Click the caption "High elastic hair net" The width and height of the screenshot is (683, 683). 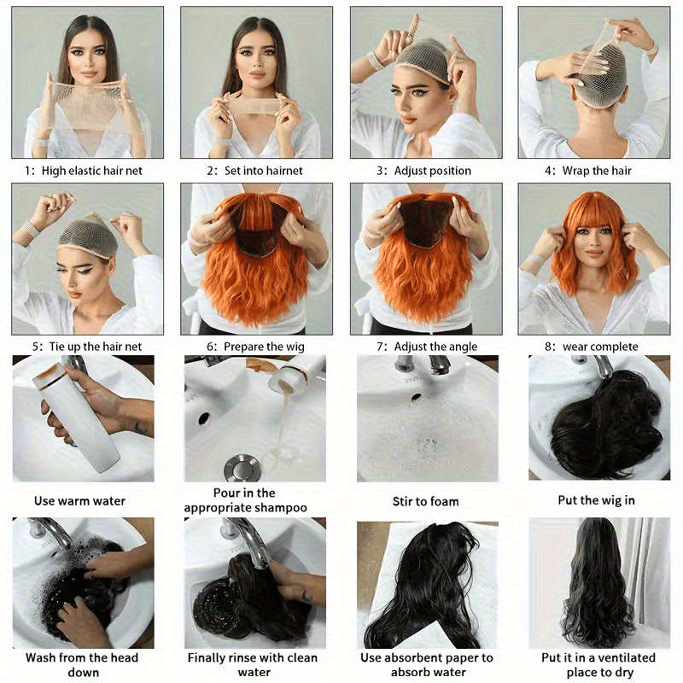pos(91,171)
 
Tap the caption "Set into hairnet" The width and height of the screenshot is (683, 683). pos(261,171)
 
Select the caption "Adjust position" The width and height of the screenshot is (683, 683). pos(432,171)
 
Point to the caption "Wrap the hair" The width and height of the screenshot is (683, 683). pos(597,171)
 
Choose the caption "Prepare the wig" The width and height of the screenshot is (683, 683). pos(263,347)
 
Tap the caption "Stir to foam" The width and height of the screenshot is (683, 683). pos(426,501)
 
